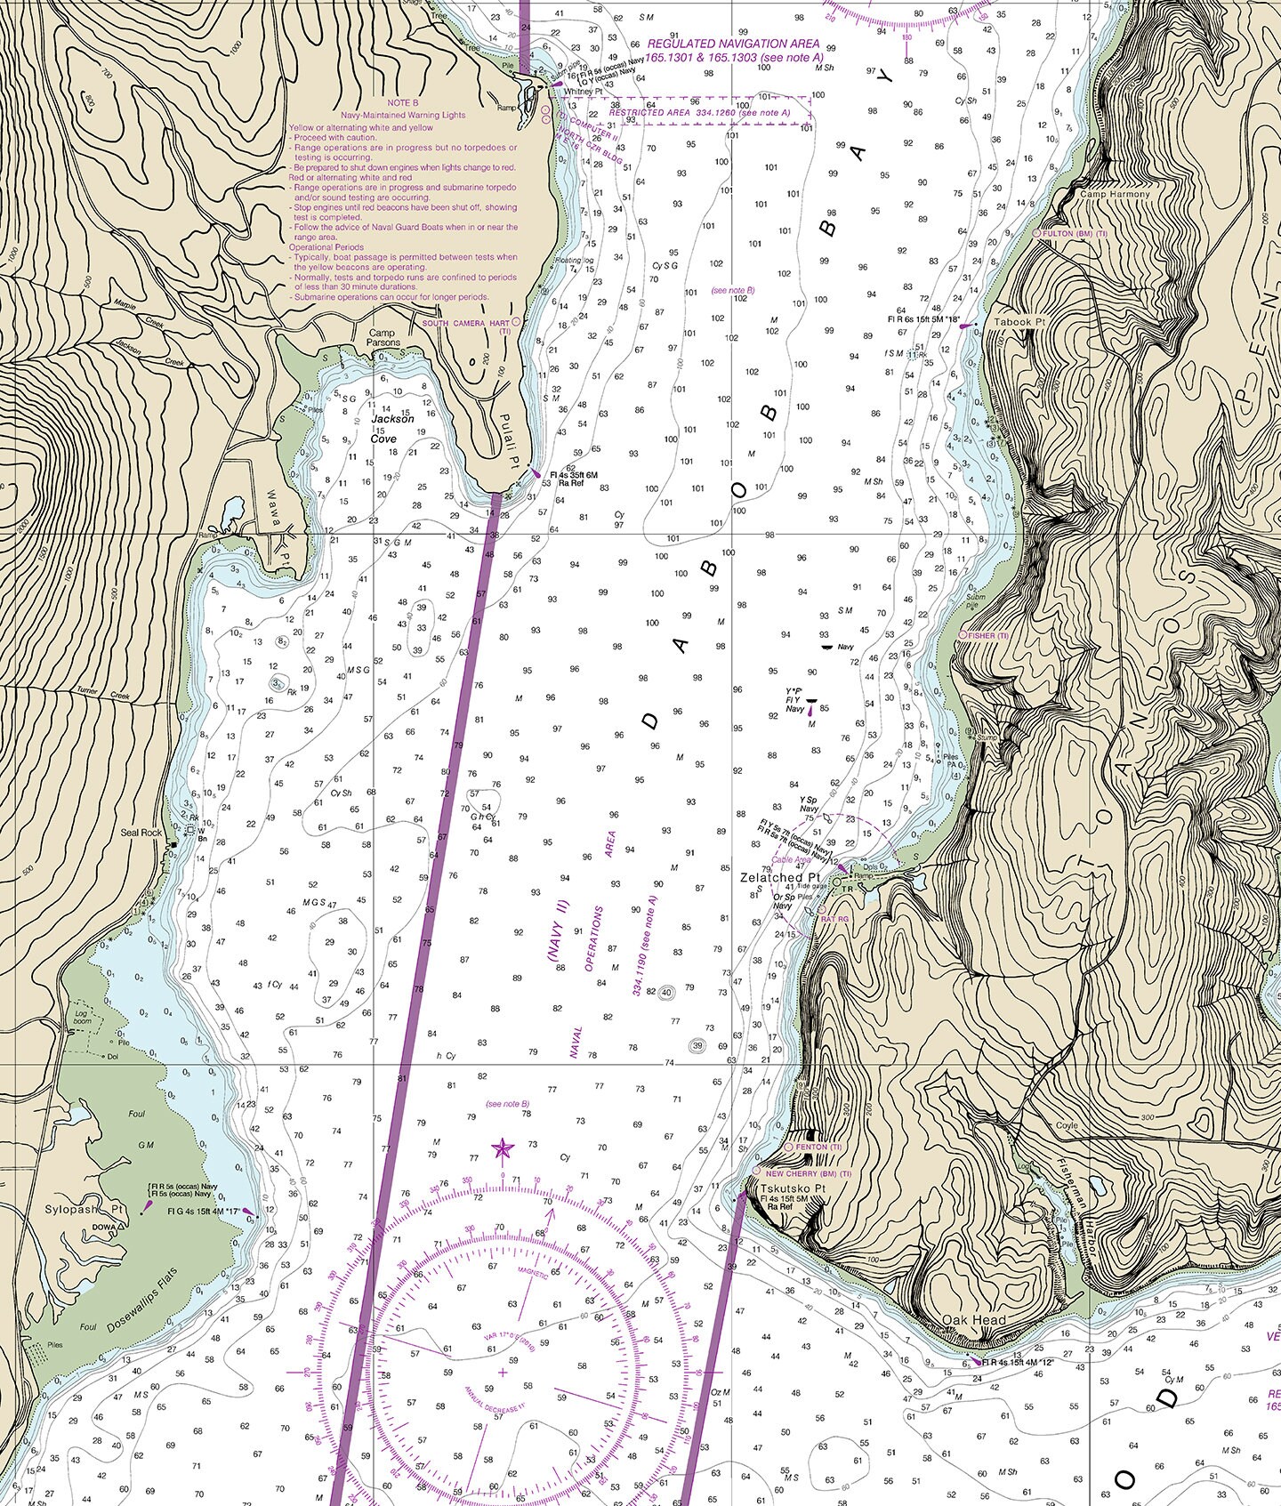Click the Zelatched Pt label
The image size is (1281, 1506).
click(773, 877)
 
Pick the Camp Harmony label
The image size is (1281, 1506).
click(1115, 194)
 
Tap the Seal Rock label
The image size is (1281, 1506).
click(141, 833)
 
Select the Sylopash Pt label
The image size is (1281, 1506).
click(84, 1210)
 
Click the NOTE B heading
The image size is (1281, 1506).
click(402, 104)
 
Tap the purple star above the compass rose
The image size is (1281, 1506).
click(503, 1148)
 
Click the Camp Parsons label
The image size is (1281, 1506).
click(384, 337)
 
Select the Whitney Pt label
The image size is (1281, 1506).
click(583, 91)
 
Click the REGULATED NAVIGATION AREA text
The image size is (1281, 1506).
click(733, 44)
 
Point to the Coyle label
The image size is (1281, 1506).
click(1066, 1125)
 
